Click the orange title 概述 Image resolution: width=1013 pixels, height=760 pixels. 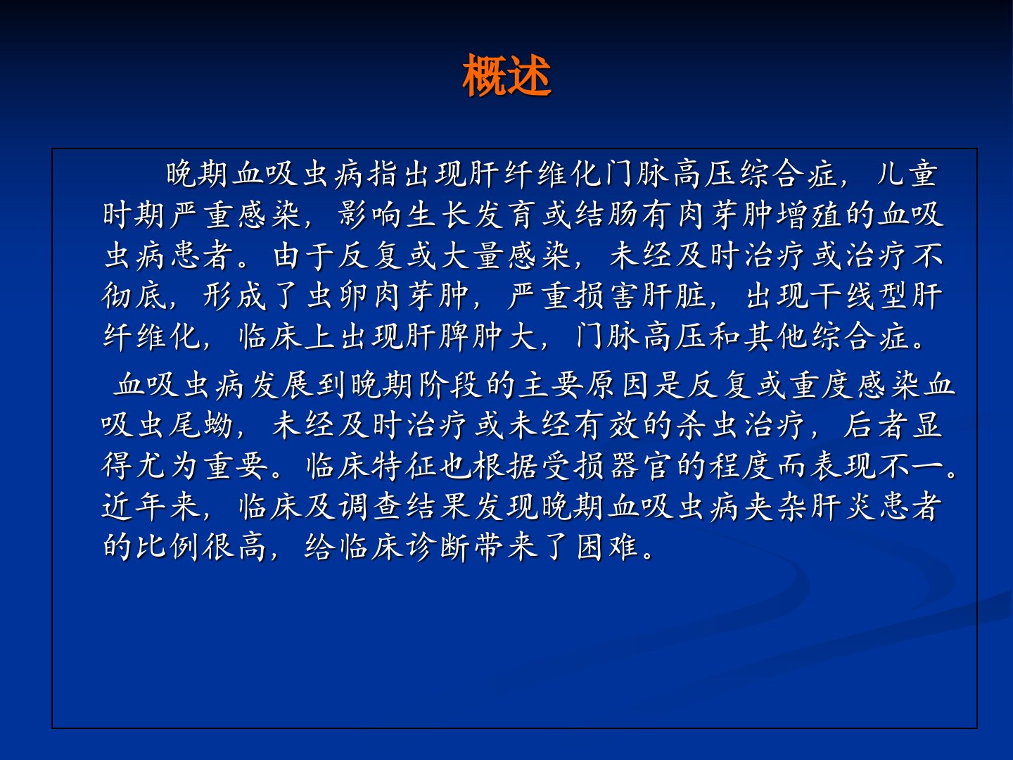[507, 75]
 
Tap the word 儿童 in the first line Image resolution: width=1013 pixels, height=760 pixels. [907, 174]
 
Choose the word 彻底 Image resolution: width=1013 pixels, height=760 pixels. [134, 296]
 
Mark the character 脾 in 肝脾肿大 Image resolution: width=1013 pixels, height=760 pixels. [454, 336]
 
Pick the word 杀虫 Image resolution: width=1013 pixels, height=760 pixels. [706, 425]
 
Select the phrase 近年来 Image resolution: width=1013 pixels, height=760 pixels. [151, 506]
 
